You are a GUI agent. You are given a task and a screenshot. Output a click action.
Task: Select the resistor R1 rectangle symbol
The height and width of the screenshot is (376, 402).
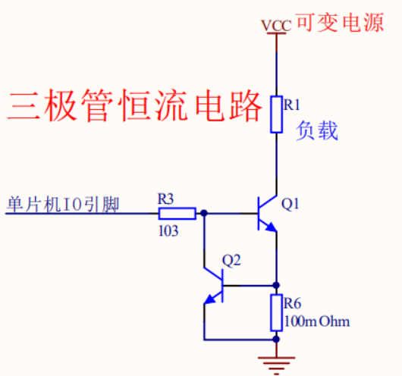pos(277,114)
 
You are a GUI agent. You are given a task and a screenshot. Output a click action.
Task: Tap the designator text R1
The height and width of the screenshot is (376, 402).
pos(292,105)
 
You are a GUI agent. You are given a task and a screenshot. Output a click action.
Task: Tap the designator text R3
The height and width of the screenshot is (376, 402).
pos(166,199)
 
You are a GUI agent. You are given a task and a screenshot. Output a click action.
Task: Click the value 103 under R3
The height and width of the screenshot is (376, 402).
pos(168,230)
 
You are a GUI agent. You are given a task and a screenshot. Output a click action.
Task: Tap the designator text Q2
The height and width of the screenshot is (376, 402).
pos(231,261)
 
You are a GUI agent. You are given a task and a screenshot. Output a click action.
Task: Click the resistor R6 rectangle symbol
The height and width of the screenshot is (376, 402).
pos(277,312)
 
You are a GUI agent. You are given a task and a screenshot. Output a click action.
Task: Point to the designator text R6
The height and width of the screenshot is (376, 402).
pos(293,303)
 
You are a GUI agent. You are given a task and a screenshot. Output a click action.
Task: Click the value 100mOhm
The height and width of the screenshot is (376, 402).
pos(317,321)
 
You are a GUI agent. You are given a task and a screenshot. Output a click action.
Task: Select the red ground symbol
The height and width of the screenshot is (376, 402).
pos(277,364)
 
